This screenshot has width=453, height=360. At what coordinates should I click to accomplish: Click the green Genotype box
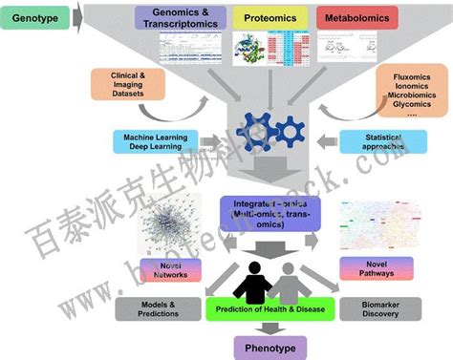38,18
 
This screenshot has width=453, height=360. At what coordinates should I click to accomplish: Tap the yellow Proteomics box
270,17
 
